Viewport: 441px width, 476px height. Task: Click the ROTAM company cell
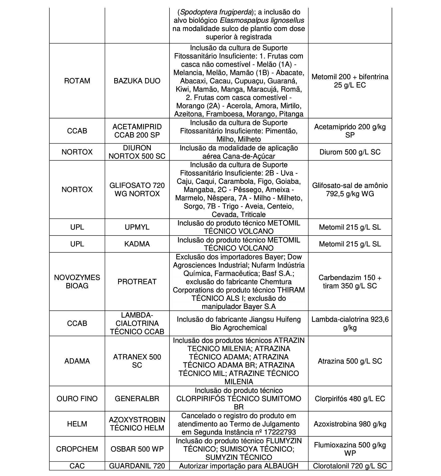[x=77, y=81]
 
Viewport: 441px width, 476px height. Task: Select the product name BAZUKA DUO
[x=137, y=81]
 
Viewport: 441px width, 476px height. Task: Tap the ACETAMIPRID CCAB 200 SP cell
[x=137, y=131]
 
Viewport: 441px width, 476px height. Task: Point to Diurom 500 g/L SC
[x=350, y=152]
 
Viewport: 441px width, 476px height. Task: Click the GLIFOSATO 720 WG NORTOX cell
[x=137, y=189]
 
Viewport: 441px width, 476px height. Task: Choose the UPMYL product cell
[x=137, y=227]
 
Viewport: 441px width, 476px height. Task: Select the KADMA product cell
[x=137, y=244]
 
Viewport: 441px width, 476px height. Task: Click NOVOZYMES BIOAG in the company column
[x=77, y=282]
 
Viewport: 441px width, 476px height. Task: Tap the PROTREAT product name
[x=137, y=282]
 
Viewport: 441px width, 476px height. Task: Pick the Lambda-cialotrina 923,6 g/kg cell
[x=350, y=323]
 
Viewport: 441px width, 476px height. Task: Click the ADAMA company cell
[x=77, y=361]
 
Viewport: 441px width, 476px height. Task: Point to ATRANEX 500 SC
[x=137, y=361]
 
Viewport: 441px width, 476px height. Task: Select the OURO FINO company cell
[x=77, y=399]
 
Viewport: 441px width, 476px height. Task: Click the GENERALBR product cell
[x=137, y=399]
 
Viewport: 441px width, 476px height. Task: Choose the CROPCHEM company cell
[x=77, y=449]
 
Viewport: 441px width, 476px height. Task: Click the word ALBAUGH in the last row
[x=281, y=466]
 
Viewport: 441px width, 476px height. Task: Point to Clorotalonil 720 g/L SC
[x=350, y=466]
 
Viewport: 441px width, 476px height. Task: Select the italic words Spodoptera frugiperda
[x=216, y=12]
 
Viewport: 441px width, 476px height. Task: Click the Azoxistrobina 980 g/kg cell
[x=350, y=424]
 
